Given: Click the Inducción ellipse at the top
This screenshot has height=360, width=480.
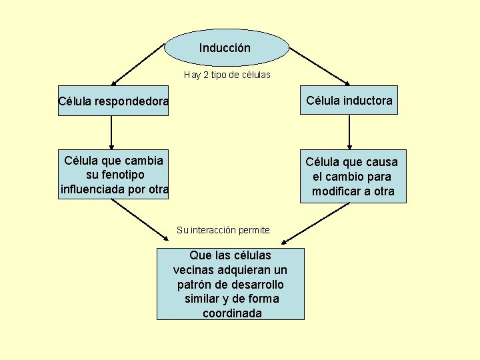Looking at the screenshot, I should click(226, 48).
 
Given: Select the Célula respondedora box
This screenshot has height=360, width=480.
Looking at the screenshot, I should click(113, 101).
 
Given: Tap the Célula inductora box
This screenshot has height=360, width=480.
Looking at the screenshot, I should click(349, 100).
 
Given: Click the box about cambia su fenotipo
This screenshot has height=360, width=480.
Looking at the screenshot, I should click(113, 175).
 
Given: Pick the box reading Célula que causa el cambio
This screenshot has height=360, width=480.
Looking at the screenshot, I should click(351, 176).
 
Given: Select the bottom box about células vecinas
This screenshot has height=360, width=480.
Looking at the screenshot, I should click(231, 284).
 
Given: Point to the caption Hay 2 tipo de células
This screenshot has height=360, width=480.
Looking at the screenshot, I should click(227, 75).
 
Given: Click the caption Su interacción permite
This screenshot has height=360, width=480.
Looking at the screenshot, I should click(223, 230).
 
